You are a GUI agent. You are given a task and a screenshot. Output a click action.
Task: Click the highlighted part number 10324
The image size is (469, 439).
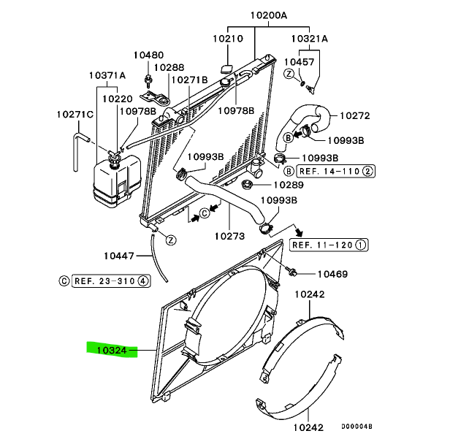pos(112,350)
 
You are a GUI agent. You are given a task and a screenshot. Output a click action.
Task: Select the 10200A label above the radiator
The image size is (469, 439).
pos(268,15)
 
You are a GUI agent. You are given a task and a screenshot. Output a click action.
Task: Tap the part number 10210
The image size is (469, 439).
pos(228,39)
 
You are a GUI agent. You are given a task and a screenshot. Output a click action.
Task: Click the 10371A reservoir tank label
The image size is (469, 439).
pos(107,75)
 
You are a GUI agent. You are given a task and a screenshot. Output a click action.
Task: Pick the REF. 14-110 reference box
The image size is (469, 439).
pos(335,172)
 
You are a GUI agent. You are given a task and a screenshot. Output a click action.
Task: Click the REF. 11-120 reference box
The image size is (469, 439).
pos(329,245)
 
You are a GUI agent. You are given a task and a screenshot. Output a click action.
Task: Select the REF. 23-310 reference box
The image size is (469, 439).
pos(111,281)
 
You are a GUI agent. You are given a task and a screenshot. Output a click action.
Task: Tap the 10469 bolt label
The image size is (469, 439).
pos(332,274)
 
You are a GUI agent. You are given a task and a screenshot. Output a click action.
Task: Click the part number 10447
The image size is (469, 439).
pos(119,256)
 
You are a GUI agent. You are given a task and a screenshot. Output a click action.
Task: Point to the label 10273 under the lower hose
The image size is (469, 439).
pos(229,236)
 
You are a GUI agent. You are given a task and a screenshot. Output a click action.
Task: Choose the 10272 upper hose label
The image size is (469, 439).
pos(355,115)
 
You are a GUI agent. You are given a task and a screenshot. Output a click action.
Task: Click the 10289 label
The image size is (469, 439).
pos(289,185)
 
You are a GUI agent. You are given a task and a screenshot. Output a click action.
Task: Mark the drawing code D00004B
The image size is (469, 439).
pos(356,427)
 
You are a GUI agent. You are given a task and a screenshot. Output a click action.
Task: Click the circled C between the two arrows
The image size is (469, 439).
pos(205,213)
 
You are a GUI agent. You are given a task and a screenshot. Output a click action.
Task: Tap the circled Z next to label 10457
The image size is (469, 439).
pos(289,74)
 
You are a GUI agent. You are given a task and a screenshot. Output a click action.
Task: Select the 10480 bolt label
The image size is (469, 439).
pos(148,55)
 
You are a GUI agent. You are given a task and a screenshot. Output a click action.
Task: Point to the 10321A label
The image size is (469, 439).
pos(309,39)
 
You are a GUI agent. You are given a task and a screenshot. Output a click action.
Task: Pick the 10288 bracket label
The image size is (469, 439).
pos(169,67)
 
